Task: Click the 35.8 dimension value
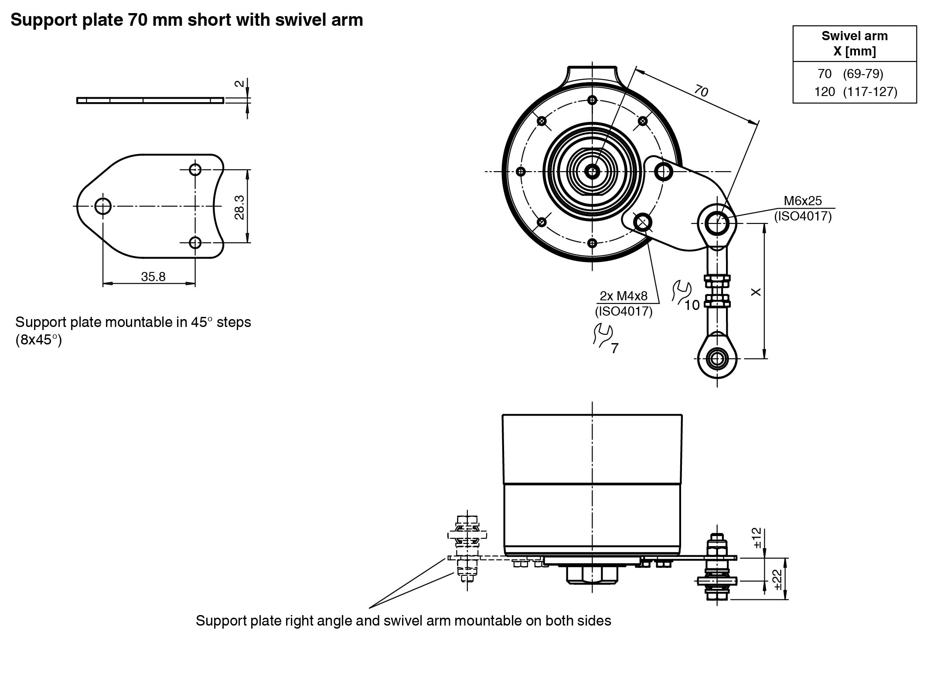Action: pyautogui.click(x=153, y=277)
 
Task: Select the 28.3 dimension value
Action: pyautogui.click(x=239, y=207)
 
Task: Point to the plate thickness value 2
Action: pyautogui.click(x=239, y=83)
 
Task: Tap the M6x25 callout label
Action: pyautogui.click(x=802, y=201)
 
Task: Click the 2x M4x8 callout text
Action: pyautogui.click(x=624, y=296)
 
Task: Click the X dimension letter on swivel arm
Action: pyautogui.click(x=757, y=292)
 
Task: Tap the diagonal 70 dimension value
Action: pyautogui.click(x=701, y=91)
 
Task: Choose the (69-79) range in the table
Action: pyautogui.click(x=863, y=74)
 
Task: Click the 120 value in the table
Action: pyautogui.click(x=824, y=92)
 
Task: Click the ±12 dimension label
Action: pyautogui.click(x=757, y=538)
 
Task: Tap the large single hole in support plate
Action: pyautogui.click(x=103, y=206)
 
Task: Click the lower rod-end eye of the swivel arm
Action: pyautogui.click(x=717, y=359)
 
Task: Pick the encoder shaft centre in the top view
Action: pyautogui.click(x=592, y=172)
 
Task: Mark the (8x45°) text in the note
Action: pyautogui.click(x=39, y=340)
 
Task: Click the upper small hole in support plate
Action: pyautogui.click(x=195, y=169)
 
